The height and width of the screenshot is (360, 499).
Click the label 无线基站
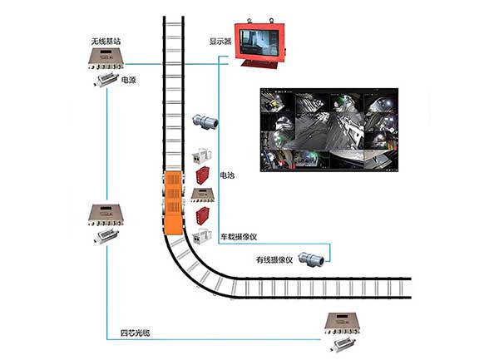pos(108,40)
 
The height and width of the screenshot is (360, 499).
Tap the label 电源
pos(129,81)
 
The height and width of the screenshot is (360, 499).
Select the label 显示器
pos(221,40)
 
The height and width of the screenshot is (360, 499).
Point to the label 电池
pos(226,175)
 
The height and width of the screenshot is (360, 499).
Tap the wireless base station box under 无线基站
pos(107,59)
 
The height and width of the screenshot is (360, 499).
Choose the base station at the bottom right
pos(342,325)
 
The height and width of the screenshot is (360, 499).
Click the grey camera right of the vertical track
pos(205,122)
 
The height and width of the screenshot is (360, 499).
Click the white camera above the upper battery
pos(200,155)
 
